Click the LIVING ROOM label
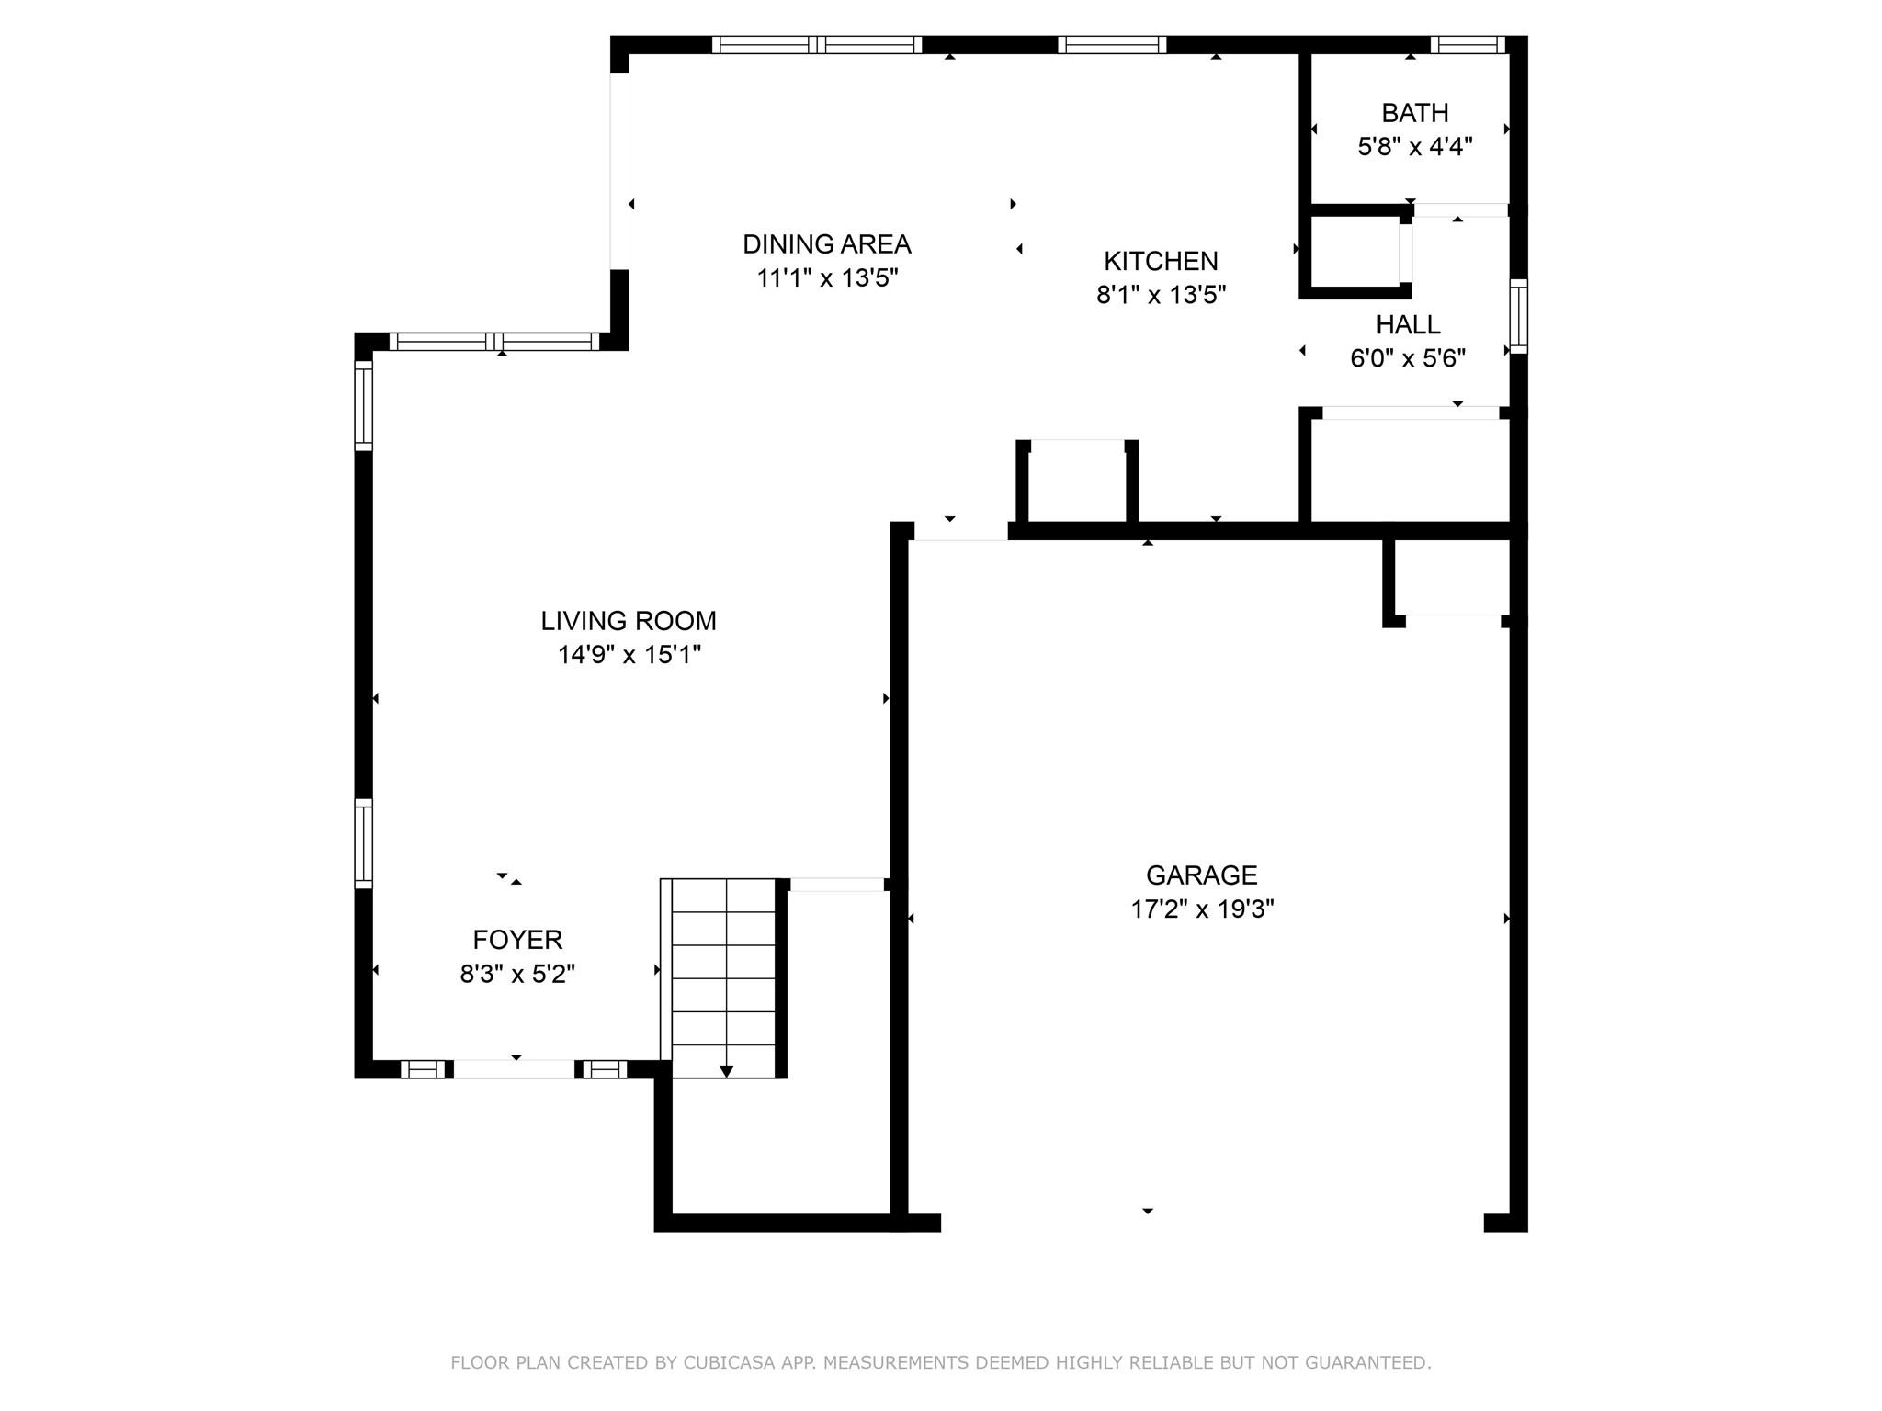[x=629, y=621]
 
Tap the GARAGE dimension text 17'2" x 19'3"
[x=1201, y=909]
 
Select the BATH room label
[x=1414, y=113]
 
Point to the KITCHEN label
[x=1161, y=262]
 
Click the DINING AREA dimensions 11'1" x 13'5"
[x=826, y=278]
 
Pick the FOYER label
[x=517, y=940]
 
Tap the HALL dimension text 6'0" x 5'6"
[x=1407, y=358]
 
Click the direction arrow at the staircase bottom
[x=726, y=1070]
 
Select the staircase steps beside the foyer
[x=724, y=974]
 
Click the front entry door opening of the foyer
[x=515, y=1069]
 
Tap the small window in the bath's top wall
[x=1467, y=45]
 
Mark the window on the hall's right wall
[x=1518, y=316]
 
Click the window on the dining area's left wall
[x=620, y=171]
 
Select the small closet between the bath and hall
[x=1355, y=252]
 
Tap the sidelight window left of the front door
[x=423, y=1069]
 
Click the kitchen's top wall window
[x=1111, y=45]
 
